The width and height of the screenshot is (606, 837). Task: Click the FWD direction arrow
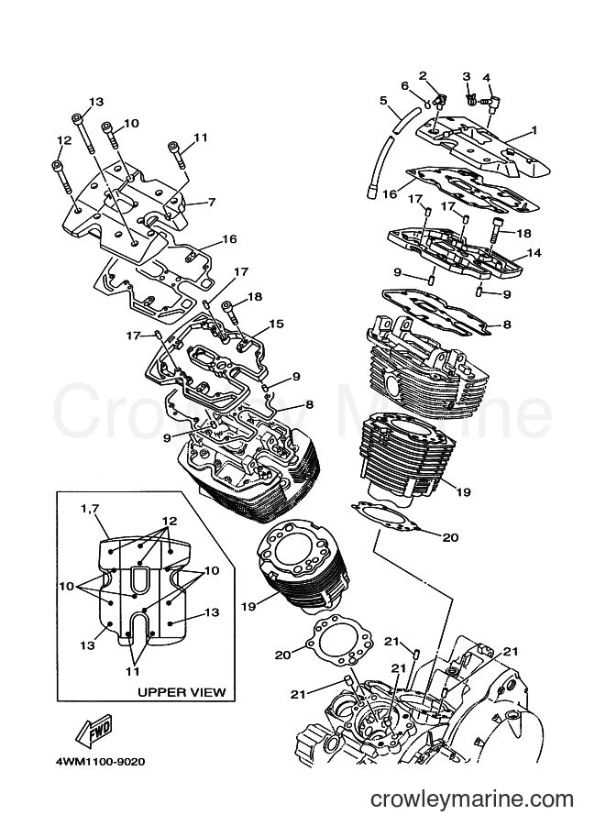pos(94,731)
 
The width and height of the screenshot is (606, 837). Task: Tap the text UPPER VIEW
pos(182,692)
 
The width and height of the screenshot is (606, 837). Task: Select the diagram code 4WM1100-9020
pos(100,762)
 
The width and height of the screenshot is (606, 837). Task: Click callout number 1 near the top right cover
pos(534,129)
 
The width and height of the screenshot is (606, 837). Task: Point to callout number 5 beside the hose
pos(383,100)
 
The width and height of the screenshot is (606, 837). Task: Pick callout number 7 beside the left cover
pos(212,203)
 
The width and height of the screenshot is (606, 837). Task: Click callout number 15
pos(276,324)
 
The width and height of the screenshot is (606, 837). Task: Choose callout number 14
pos(534,252)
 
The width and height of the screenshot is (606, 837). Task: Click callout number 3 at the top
pos(467,76)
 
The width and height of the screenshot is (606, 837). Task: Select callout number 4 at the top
pos(486,78)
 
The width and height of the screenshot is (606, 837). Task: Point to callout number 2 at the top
pos(423,76)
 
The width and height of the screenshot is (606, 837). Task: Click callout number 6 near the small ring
pos(404,86)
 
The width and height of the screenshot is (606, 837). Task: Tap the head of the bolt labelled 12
pos(57,165)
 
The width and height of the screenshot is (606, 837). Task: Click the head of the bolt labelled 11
pos(173,147)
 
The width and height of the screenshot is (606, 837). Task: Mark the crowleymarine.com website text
pos(472,799)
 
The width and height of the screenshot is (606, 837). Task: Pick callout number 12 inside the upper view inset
pos(170,521)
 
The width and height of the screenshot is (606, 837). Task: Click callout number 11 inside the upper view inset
pos(132,671)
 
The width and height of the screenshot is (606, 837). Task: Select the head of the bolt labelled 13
pos(77,118)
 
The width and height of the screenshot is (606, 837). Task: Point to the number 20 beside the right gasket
pos(451,537)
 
